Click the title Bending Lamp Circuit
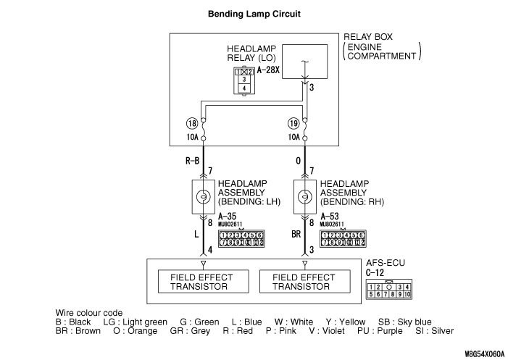point(254,14)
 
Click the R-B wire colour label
point(192,164)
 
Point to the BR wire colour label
point(296,235)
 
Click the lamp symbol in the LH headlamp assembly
point(203,196)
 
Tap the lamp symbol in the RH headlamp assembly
point(306,196)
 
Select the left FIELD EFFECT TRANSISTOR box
point(203,281)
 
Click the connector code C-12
point(375,273)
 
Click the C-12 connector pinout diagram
point(390,290)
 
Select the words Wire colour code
point(89,312)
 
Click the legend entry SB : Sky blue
point(405,322)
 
